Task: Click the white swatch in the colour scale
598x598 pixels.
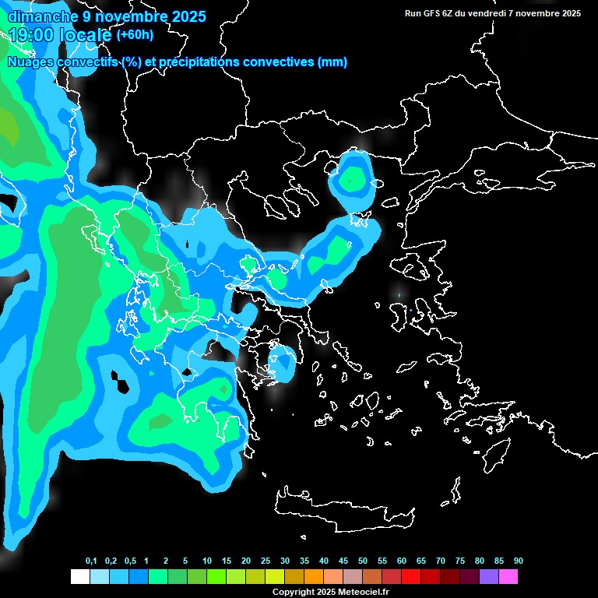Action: point(79,577)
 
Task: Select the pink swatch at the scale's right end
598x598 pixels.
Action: point(508,577)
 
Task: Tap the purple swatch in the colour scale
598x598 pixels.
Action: point(489,577)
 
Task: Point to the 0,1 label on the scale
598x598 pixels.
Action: point(91,561)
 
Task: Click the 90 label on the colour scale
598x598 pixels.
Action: point(518,561)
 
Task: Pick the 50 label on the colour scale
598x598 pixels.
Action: point(363,561)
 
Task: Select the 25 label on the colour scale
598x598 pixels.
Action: point(266,561)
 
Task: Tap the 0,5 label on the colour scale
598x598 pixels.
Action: point(130,561)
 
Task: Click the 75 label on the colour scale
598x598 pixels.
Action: point(459,561)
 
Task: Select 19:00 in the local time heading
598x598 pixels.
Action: point(31,34)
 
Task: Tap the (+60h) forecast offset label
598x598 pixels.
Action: point(135,34)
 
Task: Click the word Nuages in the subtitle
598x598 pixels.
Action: point(30,62)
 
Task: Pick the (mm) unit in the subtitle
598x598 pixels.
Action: point(332,62)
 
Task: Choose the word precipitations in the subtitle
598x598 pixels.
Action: point(201,62)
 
